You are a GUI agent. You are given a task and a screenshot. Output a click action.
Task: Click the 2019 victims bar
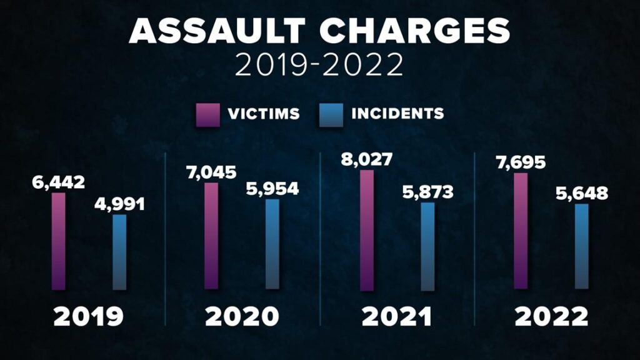click(x=58, y=241)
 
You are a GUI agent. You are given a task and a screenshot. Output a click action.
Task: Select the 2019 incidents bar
click(x=119, y=252)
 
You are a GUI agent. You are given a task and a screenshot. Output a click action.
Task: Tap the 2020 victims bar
click(x=212, y=236)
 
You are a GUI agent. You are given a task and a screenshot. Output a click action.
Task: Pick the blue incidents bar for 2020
click(x=272, y=244)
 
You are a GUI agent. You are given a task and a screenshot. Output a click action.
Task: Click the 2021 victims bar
click(x=367, y=230)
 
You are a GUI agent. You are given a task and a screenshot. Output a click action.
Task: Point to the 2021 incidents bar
click(x=427, y=246)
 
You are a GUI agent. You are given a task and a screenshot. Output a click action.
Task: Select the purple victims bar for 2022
click(x=521, y=231)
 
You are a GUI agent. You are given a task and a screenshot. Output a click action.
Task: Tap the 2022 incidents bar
click(x=581, y=247)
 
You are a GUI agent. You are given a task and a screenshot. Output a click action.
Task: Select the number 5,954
click(x=272, y=188)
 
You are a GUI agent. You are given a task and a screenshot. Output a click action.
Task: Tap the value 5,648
click(x=581, y=193)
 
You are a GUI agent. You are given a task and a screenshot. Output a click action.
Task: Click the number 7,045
click(x=212, y=172)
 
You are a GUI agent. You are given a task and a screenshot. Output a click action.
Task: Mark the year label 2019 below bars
click(x=88, y=317)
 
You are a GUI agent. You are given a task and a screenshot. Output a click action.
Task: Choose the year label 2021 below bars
click(x=397, y=317)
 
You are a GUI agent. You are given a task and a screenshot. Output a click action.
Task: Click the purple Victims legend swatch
click(x=207, y=115)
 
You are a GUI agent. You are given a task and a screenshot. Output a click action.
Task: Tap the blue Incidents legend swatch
click(x=331, y=115)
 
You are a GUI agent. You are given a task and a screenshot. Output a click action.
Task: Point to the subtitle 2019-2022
click(x=319, y=66)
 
